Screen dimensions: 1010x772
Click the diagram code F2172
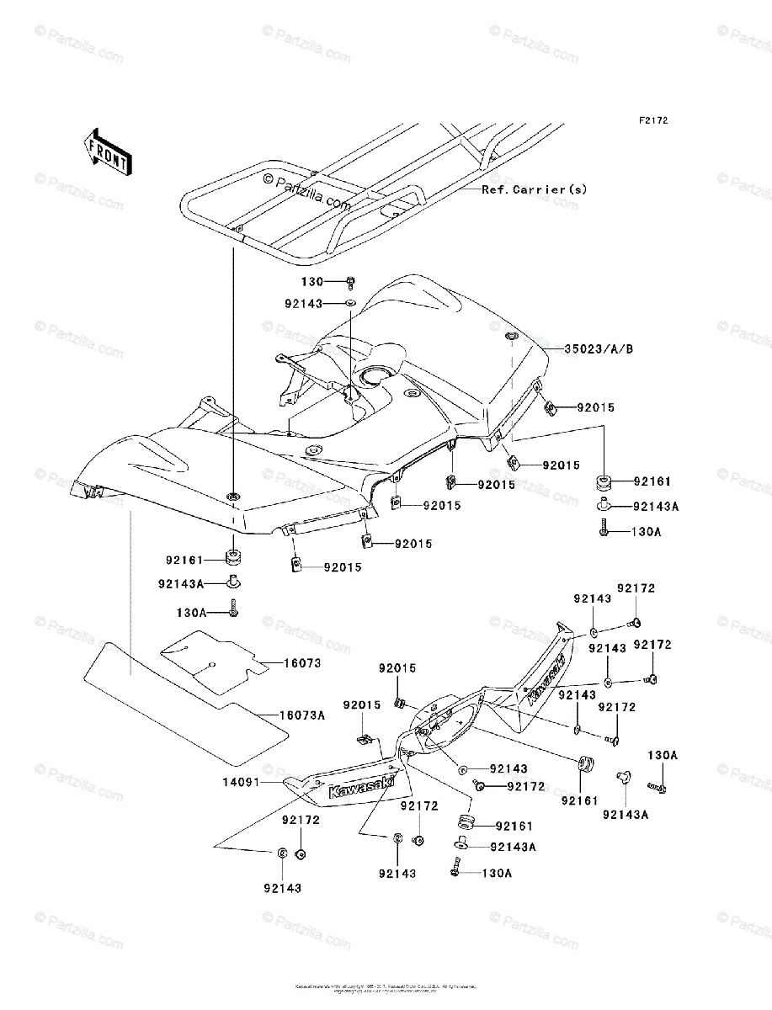pos(652,121)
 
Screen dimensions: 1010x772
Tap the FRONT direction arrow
pos(106,151)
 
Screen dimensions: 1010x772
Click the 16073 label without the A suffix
pos(301,663)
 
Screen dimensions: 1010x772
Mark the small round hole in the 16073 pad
pos(214,665)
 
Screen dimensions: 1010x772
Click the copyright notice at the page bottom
pos(386,988)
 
